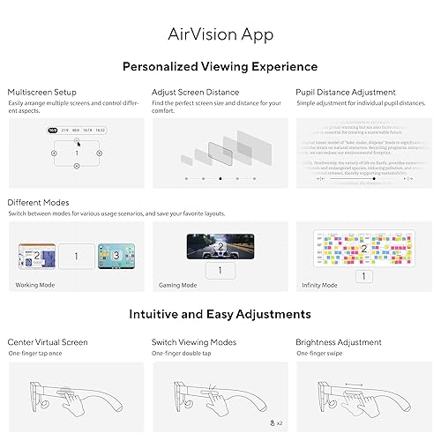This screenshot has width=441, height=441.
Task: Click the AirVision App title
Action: point(220,36)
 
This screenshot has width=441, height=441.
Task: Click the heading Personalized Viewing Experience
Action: point(220,66)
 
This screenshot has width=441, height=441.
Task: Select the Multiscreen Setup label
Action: point(41,92)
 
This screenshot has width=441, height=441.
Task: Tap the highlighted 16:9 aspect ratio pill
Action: point(52,130)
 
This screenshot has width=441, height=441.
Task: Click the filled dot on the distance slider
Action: point(220,178)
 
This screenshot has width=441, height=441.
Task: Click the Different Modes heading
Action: point(39,201)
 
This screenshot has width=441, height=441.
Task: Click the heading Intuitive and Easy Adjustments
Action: point(220,314)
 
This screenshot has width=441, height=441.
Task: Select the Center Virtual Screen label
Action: point(48,341)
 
